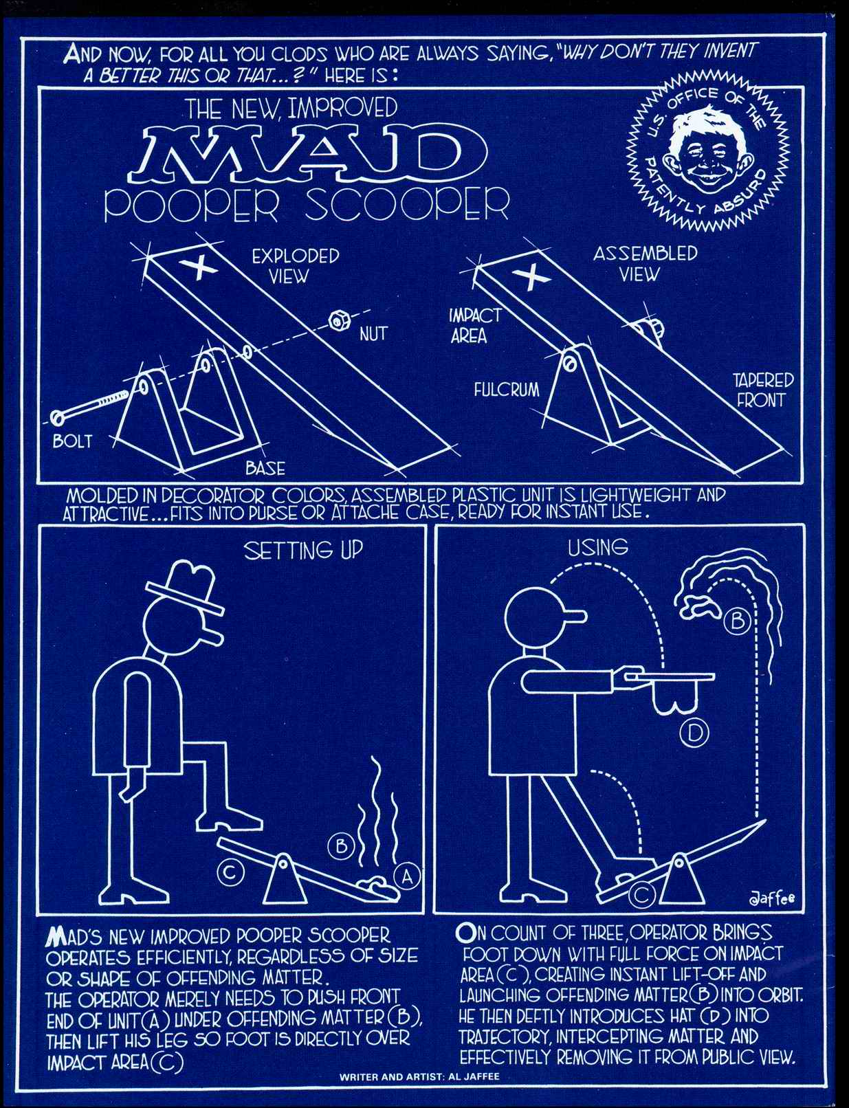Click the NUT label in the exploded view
373,334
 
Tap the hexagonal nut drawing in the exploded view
337,321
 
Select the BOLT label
73,441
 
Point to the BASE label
265,468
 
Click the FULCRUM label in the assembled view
507,390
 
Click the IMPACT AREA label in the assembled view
475,326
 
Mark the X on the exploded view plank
201,267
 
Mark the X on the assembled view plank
532,277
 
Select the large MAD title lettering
307,154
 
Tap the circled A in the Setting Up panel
407,876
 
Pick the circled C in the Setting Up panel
230,872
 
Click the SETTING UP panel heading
303,550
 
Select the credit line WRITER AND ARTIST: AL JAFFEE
419,1077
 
